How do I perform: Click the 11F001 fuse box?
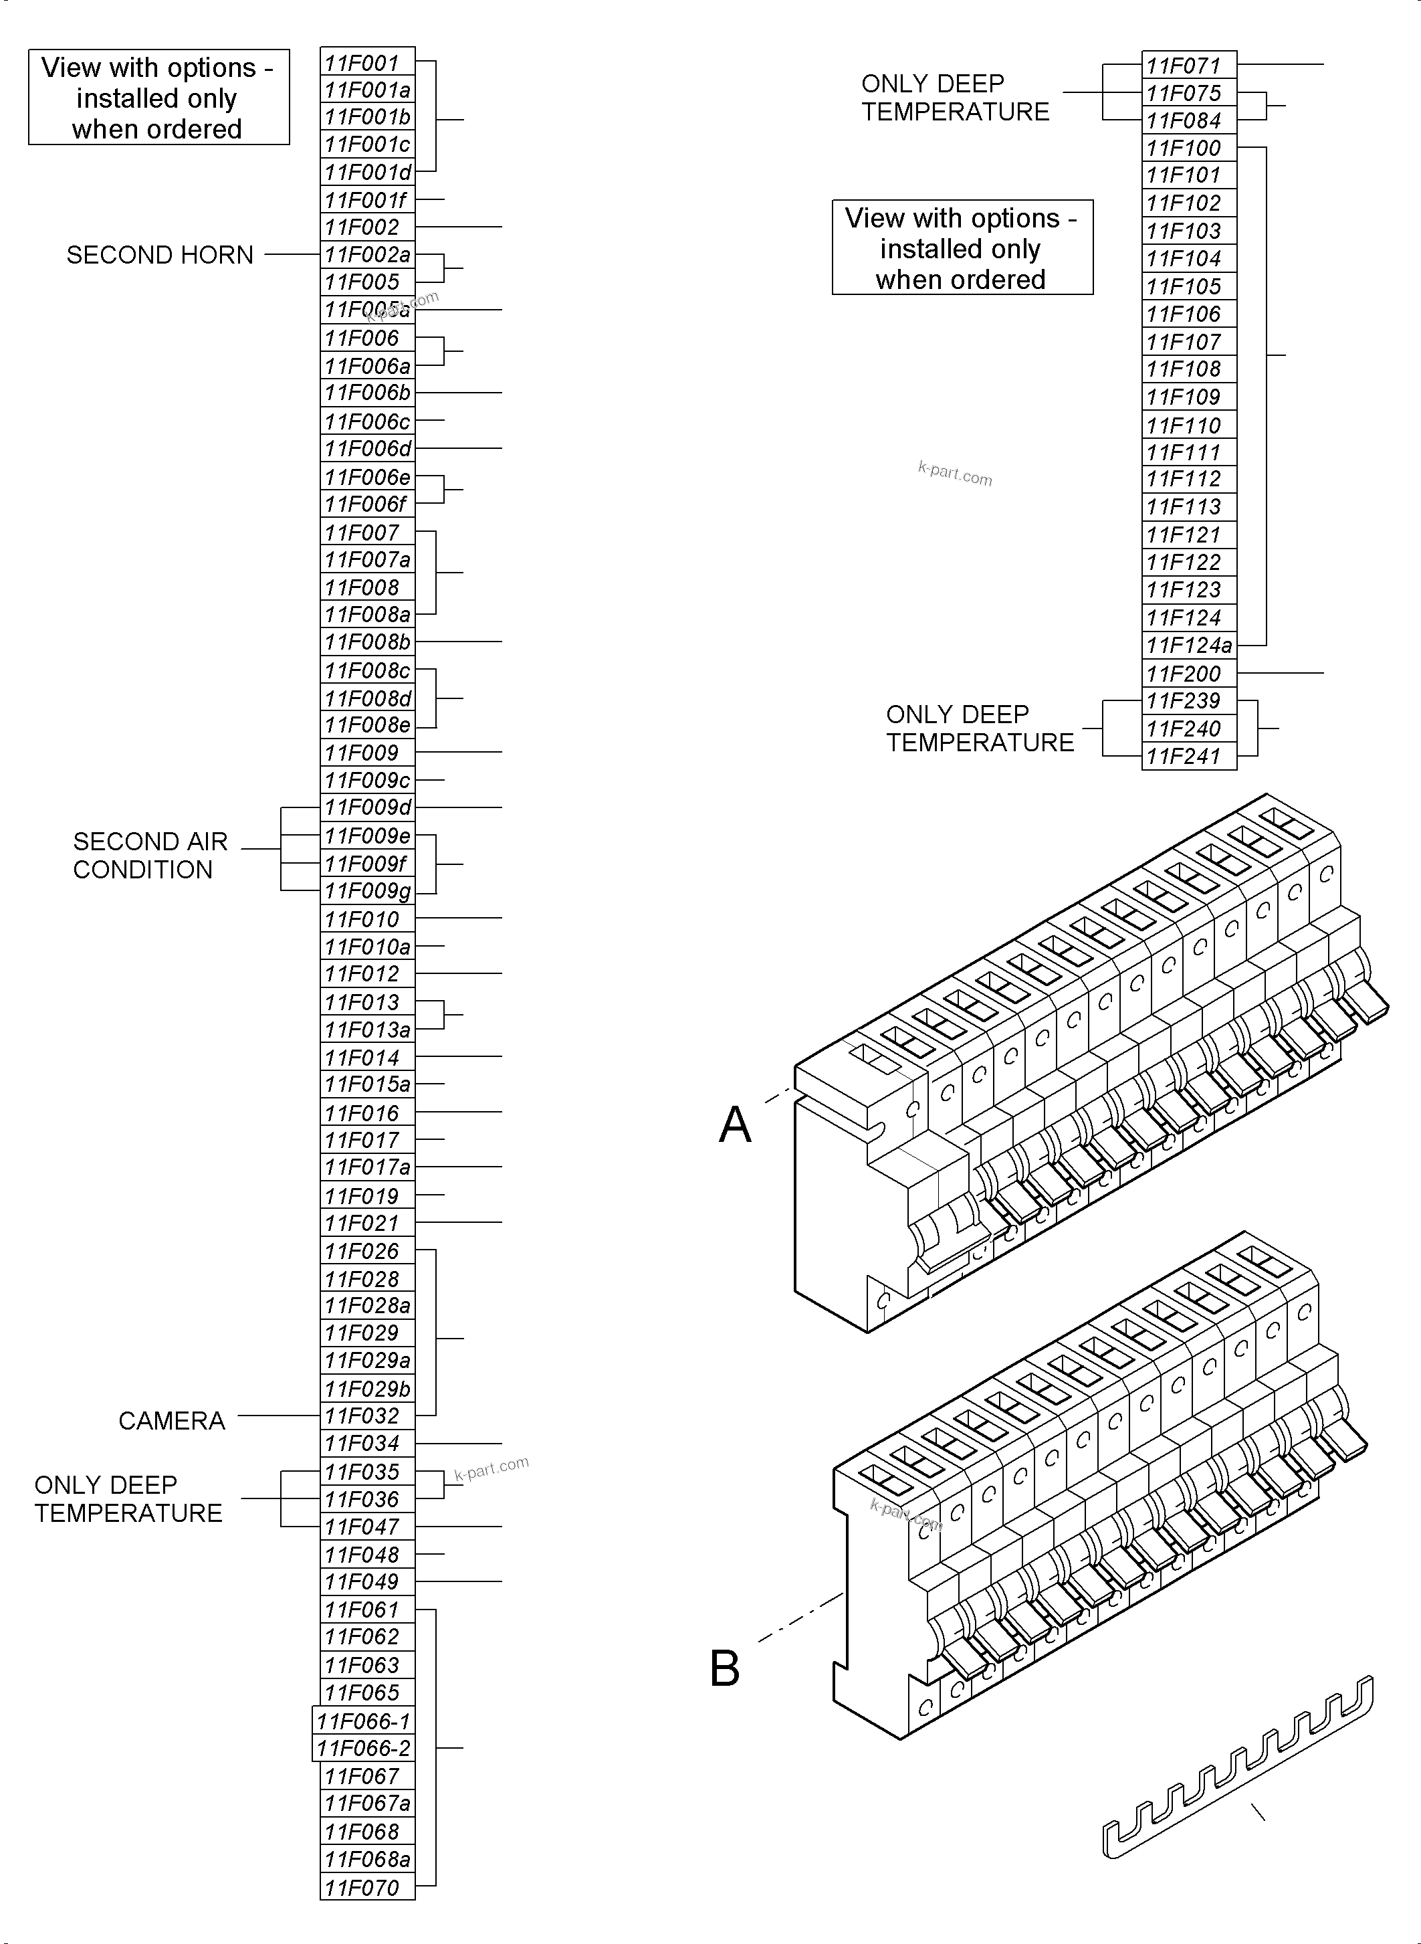coord(367,63)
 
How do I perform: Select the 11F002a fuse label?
coord(367,255)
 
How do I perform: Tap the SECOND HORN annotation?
coord(159,255)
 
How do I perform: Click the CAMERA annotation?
coord(171,1420)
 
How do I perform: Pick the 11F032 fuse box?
coord(367,1416)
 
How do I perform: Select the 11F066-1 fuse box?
coord(363,1721)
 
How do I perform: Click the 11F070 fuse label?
coord(367,1888)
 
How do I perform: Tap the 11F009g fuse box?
coord(367,890)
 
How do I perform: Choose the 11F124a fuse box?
coord(1189,646)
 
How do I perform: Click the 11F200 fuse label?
coord(1189,674)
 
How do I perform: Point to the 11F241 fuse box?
coord(1189,757)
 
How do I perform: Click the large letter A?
coord(735,1124)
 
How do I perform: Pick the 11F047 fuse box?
coord(367,1527)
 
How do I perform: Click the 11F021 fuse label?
coord(367,1223)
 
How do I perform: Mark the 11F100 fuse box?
coord(1189,148)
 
